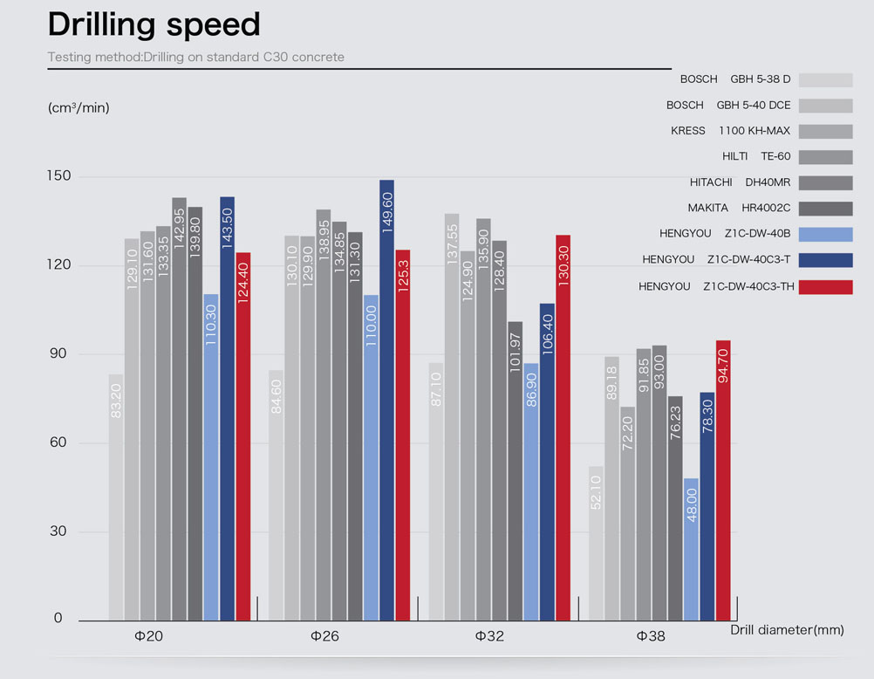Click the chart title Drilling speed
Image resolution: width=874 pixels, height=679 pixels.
[154, 24]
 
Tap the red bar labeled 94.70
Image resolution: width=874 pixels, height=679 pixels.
[722, 480]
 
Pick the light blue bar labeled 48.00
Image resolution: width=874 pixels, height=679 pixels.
[691, 549]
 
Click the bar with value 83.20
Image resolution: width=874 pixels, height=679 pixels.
[116, 497]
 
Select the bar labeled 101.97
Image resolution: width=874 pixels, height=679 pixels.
[516, 470]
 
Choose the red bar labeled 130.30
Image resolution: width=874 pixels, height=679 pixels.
[563, 428]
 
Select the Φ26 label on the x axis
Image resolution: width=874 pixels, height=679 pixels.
[324, 637]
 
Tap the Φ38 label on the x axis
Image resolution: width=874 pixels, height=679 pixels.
[651, 637]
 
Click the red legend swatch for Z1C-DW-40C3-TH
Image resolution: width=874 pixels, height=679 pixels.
[825, 287]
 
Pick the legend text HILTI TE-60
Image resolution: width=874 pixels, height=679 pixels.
[756, 157]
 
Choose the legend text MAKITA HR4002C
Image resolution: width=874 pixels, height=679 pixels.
[739, 209]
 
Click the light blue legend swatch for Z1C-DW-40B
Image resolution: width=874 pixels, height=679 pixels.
[825, 235]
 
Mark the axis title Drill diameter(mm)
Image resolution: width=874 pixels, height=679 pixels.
[787, 630]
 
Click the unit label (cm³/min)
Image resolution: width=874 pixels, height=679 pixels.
[79, 108]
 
